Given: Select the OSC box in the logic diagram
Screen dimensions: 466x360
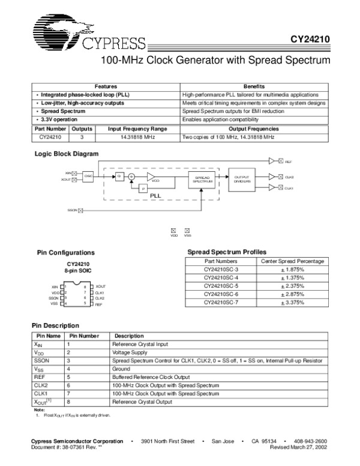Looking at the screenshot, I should click(88, 175).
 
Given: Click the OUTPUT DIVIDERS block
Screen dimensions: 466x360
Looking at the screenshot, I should click(242, 178).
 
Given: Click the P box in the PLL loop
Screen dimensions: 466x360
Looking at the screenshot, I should click(143, 189).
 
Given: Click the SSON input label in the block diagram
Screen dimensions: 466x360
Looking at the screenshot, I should click(73, 210).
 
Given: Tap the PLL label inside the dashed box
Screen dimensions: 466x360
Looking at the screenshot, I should click(155, 195).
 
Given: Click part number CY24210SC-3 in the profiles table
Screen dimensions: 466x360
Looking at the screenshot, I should click(221, 270).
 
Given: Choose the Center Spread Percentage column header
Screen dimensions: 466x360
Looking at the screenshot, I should click(293, 261).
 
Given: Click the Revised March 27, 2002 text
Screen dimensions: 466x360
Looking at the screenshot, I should click(298, 447).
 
